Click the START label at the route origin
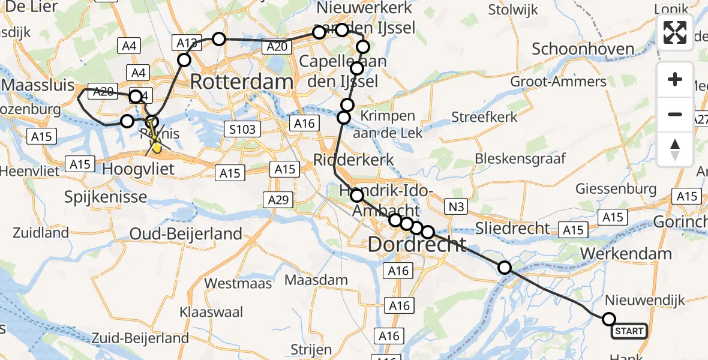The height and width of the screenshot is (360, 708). point(629,331)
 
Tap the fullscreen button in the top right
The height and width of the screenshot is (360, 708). point(675,32)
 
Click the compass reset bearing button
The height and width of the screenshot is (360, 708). point(675,149)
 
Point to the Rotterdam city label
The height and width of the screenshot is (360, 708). point(242,82)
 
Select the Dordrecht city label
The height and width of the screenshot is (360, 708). point(416,244)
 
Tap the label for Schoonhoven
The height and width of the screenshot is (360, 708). point(583,49)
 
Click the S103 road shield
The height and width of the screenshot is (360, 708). point(242,128)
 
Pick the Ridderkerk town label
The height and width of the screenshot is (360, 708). point(354,160)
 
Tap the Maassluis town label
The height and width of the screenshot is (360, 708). point(37,84)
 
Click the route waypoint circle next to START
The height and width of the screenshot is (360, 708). point(609,319)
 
